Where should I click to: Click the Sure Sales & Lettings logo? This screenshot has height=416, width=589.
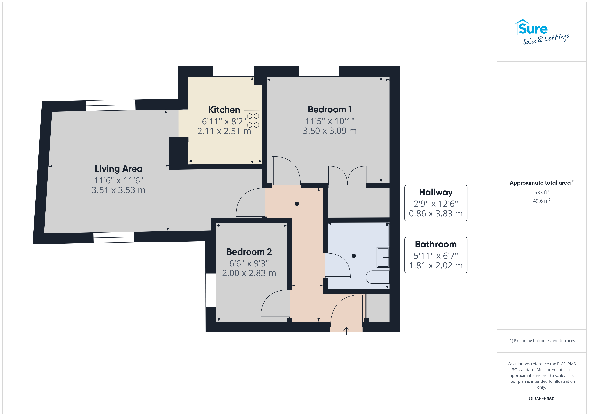pyautogui.click(x=541, y=32)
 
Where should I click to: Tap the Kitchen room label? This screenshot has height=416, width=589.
pyautogui.click(x=224, y=110)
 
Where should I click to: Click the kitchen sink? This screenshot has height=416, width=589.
pyautogui.click(x=211, y=84)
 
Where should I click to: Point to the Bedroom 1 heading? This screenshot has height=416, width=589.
pyautogui.click(x=330, y=109)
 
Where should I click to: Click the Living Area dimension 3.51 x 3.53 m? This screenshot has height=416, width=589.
pyautogui.click(x=119, y=190)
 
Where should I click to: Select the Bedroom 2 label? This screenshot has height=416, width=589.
pyautogui.click(x=249, y=252)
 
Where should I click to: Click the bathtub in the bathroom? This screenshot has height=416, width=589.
pyautogui.click(x=359, y=235)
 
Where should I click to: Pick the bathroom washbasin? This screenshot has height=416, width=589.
pyautogui.click(x=383, y=257)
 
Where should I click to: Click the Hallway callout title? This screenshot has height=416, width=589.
pyautogui.click(x=436, y=192)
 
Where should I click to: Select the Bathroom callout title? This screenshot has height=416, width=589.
pyautogui.click(x=436, y=244)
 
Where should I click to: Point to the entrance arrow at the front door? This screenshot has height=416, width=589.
pyautogui.click(x=346, y=331)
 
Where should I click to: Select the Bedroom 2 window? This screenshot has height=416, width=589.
pyautogui.click(x=211, y=290)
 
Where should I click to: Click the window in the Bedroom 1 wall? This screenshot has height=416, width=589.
pyautogui.click(x=319, y=71)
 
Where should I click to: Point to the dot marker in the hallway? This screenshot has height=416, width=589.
pyautogui.click(x=297, y=204)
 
